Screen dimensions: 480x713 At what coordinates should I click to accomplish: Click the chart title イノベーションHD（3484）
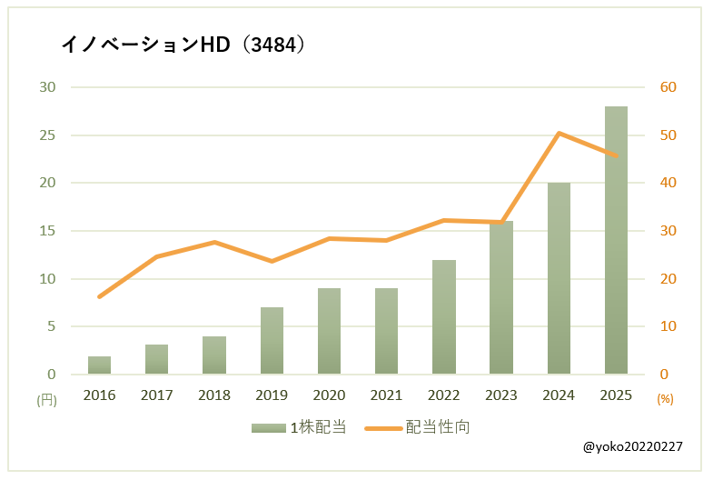point(182,45)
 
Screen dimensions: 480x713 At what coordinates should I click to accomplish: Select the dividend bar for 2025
point(616,241)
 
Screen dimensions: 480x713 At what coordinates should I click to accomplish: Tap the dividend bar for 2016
point(100,365)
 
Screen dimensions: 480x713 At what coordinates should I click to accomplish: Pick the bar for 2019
point(272,341)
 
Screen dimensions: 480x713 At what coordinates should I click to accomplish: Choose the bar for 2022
point(444,317)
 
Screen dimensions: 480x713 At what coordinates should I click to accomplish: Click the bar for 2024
point(559,278)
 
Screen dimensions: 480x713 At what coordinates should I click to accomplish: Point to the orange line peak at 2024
point(559,134)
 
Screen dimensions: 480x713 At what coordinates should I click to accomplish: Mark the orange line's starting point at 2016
point(100,296)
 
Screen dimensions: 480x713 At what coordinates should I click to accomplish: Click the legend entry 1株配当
point(300,426)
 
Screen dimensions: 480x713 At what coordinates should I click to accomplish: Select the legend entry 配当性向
point(418,426)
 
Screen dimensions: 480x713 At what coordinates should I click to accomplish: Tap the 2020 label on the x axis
point(329,395)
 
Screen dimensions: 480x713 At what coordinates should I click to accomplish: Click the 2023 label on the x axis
point(501,395)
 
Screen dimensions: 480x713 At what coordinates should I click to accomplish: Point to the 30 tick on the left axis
point(47,87)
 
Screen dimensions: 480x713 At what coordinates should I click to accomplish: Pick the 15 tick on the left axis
point(47,231)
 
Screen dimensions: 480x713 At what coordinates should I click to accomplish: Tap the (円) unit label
point(46,398)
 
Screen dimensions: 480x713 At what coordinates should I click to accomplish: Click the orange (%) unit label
point(665,398)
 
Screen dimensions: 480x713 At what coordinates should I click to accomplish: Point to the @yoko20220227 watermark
point(633,447)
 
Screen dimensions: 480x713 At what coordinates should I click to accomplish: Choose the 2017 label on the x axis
point(157,395)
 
